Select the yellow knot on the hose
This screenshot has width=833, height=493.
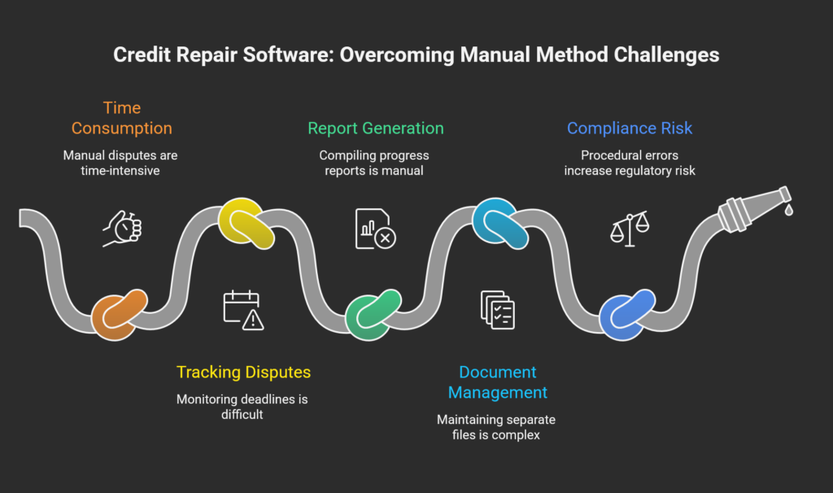point(245,222)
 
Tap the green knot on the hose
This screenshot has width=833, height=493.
point(373,313)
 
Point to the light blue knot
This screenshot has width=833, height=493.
point(499,222)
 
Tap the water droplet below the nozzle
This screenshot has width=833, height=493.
point(788,211)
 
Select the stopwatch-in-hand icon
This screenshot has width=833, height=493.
point(122,229)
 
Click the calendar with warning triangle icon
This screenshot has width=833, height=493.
point(243,310)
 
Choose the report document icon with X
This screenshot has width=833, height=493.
point(375,229)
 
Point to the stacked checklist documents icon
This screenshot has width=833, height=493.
point(498,310)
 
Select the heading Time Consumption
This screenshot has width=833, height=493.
point(121,118)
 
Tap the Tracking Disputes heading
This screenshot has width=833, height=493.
point(243,373)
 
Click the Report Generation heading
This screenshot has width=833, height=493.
point(375,129)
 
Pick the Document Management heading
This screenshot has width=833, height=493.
point(498,382)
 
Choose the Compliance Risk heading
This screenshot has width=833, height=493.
point(630,129)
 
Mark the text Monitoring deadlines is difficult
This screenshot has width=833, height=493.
point(243,407)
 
